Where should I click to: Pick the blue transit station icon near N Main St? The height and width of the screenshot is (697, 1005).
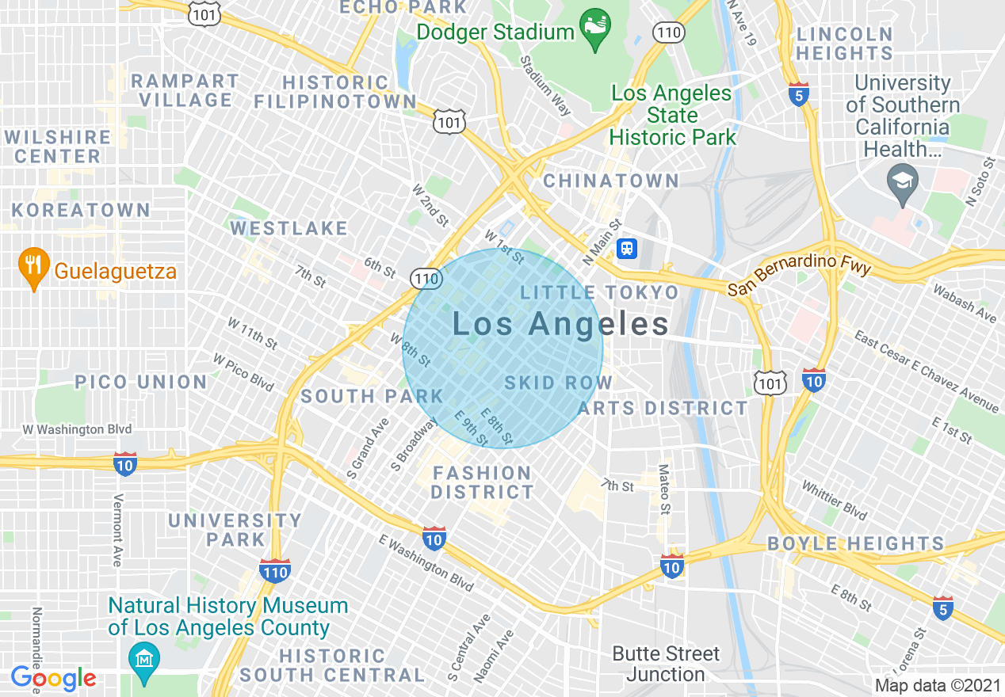pos(627,249)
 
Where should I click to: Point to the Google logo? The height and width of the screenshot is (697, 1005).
pos(53,678)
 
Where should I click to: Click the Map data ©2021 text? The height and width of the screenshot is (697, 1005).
pos(938,685)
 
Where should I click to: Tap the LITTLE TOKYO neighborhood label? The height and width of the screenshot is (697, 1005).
pos(599,293)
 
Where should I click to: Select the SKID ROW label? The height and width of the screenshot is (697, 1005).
pos(559,383)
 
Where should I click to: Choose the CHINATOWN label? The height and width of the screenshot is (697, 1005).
pos(611,181)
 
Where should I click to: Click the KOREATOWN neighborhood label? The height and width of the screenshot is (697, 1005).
pos(81,210)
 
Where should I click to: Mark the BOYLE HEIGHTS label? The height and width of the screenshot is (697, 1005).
pos(855,544)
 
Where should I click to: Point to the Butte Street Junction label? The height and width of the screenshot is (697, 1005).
pos(665,664)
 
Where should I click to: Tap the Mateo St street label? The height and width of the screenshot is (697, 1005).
pos(664,489)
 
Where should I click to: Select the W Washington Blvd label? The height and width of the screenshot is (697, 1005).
pos(74,429)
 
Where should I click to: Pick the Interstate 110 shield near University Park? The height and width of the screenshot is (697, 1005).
pos(274,569)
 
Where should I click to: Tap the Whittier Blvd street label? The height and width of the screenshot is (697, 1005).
pos(834,497)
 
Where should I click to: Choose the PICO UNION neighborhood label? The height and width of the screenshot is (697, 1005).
pos(140,382)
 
